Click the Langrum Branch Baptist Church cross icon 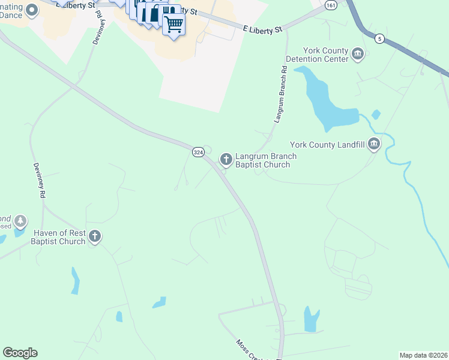pos(226,159)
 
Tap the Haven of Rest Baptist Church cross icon pos(94,236)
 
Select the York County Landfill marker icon pos(375,144)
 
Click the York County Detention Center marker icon pos(358,55)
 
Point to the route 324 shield pos(198,152)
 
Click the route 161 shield pos(330,4)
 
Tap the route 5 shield pos(379,38)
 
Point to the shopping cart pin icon pos(173,25)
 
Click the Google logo pos(20,353)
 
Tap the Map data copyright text pos(423,355)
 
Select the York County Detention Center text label pos(317,55)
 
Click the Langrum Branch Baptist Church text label pos(266,160)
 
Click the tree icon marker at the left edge pos(20,221)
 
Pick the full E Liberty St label pos(262,28)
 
